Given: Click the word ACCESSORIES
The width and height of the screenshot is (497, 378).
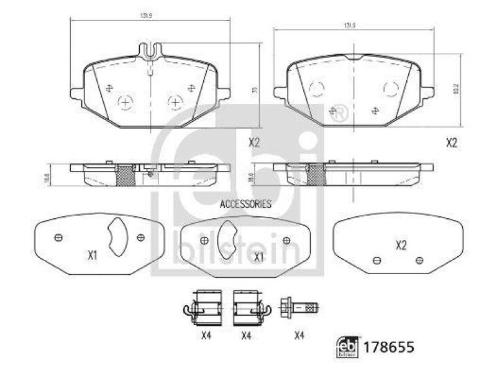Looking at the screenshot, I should click(246, 203).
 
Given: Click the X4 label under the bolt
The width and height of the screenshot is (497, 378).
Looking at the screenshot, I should click(299, 336).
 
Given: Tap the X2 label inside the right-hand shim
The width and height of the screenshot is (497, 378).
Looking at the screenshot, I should click(401, 246).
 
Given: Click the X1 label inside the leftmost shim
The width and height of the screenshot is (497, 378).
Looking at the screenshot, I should click(93, 254).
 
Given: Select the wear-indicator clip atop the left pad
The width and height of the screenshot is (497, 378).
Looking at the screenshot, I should click(151, 51).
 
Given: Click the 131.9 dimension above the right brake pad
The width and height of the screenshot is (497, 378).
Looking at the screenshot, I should click(349, 25).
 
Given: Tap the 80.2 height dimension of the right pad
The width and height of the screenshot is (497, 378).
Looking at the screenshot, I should click(456, 89).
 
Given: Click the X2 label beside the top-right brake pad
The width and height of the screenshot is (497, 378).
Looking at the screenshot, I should click(452, 142).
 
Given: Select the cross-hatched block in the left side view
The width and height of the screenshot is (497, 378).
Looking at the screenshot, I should click(125, 177).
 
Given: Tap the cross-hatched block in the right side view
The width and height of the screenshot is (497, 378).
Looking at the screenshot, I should click(316, 175).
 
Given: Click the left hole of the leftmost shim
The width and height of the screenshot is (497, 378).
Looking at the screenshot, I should click(58, 237).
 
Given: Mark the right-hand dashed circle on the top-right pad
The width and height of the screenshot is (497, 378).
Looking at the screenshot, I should click(391, 89).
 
